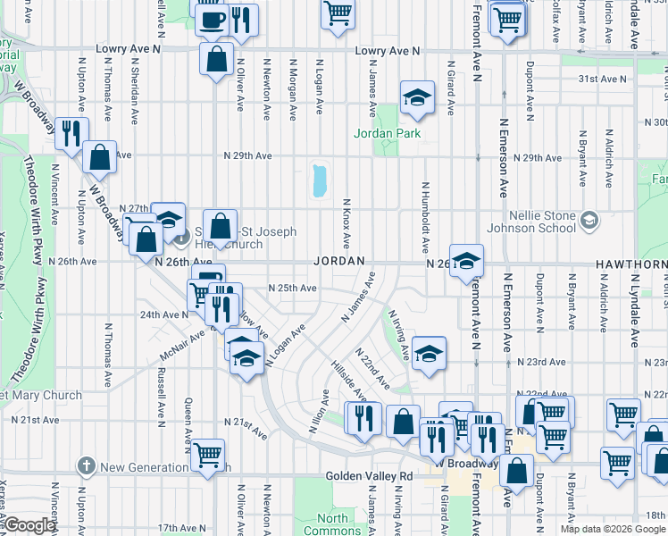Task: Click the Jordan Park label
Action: (x=387, y=134)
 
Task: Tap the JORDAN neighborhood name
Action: (x=340, y=261)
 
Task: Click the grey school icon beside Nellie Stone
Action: (x=589, y=220)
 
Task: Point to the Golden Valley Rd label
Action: (x=369, y=477)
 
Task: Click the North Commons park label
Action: (x=333, y=524)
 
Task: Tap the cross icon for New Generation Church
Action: (x=86, y=465)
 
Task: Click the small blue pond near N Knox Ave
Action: (x=319, y=180)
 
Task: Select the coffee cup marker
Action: (x=212, y=19)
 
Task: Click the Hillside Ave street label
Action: (x=349, y=383)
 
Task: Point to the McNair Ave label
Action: (x=183, y=343)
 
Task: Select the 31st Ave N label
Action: (x=599, y=80)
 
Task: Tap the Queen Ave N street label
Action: (x=188, y=420)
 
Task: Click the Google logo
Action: (x=29, y=526)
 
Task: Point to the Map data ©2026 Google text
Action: (x=612, y=529)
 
